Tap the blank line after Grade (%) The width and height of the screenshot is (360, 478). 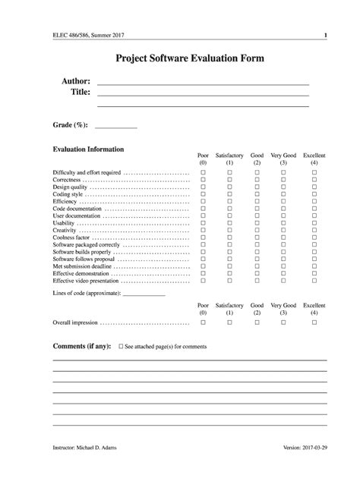tap(115, 127)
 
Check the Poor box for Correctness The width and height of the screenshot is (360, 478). tap(203, 180)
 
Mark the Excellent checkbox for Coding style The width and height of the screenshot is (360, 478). tap(314, 195)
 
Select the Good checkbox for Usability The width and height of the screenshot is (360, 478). tap(257, 223)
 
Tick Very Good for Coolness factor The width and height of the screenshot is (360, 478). tap(283, 237)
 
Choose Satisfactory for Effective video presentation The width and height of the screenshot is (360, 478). tap(229, 281)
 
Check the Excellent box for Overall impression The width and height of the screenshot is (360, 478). tap(314, 322)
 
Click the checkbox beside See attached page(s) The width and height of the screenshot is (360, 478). tap(121, 346)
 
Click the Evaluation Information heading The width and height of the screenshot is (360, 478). tap(88, 149)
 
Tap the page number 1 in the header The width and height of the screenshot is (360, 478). tap(325, 35)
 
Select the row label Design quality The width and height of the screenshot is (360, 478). tap(71, 187)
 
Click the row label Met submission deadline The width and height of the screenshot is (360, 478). tap(82, 266)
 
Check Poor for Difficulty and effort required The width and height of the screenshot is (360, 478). tap(203, 173)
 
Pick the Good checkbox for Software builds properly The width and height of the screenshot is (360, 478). tap(257, 252)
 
